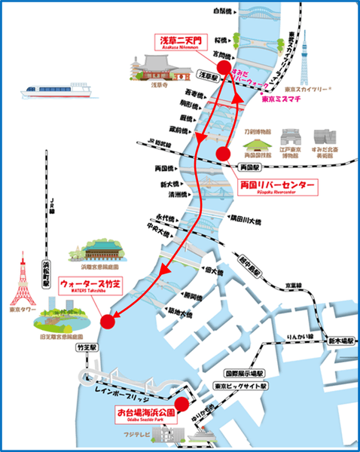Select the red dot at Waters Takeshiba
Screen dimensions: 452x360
tap(108, 322)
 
